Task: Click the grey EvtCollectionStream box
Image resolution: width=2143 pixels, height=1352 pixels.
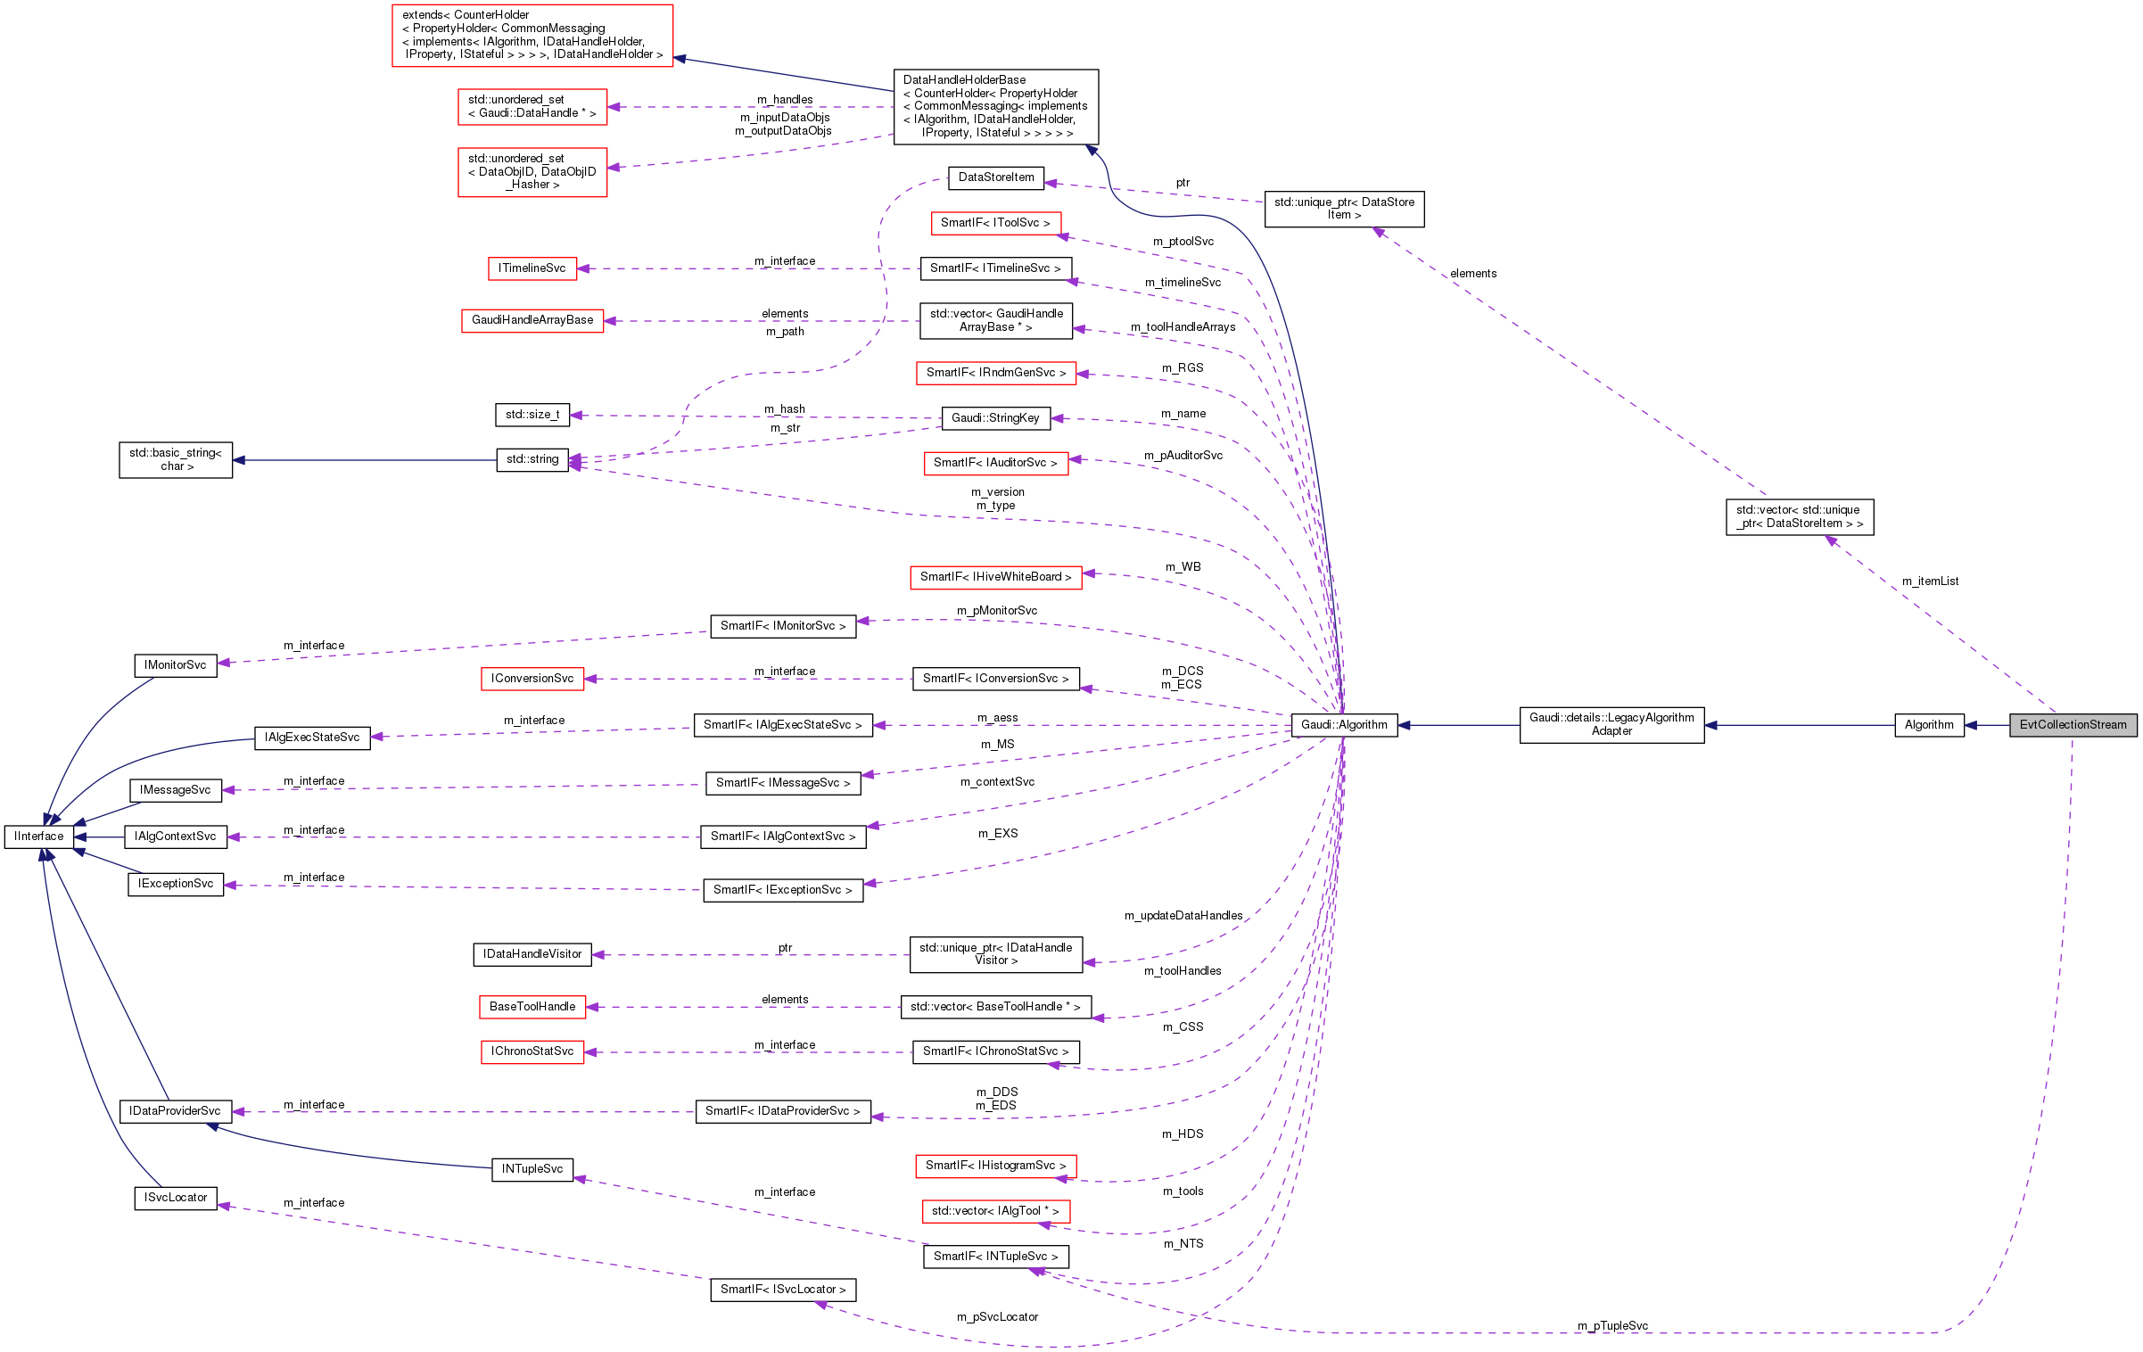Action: pyautogui.click(x=2073, y=725)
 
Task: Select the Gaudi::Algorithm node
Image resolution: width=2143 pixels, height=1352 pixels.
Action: pyautogui.click(x=1344, y=725)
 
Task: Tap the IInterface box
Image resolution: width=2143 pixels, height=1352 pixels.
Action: pyautogui.click(x=39, y=837)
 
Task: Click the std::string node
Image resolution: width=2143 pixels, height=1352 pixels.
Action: pyautogui.click(x=532, y=459)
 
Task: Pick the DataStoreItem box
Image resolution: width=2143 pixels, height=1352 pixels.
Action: pyautogui.click(x=996, y=177)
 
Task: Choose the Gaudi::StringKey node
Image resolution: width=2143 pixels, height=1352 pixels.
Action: pyautogui.click(x=995, y=418)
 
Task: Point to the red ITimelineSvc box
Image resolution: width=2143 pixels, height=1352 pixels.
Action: pyautogui.click(x=532, y=268)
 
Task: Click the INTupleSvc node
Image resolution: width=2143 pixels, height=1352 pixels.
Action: pyautogui.click(x=532, y=1169)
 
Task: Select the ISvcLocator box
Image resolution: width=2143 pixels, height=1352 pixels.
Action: pyautogui.click(x=176, y=1198)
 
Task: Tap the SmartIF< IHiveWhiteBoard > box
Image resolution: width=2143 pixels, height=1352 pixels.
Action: pyautogui.click(x=995, y=577)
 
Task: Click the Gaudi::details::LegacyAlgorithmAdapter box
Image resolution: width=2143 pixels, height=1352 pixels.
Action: pyautogui.click(x=1611, y=724)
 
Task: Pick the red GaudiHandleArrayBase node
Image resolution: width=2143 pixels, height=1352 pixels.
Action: pyautogui.click(x=532, y=320)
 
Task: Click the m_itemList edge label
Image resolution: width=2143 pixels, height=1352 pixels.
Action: pyautogui.click(x=1930, y=581)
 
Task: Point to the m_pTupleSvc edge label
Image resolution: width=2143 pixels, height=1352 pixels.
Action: pyautogui.click(x=1612, y=1326)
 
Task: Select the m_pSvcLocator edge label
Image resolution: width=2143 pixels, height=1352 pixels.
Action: pyautogui.click(x=997, y=1317)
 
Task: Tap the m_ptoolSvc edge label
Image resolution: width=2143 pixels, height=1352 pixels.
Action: pyautogui.click(x=1183, y=242)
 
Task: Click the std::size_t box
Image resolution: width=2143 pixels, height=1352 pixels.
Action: pyautogui.click(x=532, y=415)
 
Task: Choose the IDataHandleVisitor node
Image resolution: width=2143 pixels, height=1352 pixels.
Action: pyautogui.click(x=532, y=954)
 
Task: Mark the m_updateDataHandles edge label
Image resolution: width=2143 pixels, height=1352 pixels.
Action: pyautogui.click(x=1183, y=916)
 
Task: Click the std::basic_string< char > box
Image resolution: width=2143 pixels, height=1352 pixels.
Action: pyautogui.click(x=176, y=460)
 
